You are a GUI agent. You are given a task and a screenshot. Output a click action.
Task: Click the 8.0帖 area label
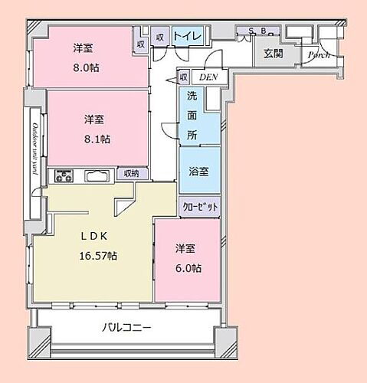[86, 67]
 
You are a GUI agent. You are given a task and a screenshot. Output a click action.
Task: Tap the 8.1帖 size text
[97, 139]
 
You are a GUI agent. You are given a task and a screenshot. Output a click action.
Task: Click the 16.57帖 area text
[97, 255]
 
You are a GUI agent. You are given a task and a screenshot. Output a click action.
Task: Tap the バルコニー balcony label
[127, 328]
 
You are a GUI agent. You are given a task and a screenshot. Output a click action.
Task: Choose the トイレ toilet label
[187, 36]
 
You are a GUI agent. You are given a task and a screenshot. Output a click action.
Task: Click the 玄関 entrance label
[273, 54]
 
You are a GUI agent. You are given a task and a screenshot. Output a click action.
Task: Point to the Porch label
[318, 55]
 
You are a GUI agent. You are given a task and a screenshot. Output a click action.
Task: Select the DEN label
[207, 77]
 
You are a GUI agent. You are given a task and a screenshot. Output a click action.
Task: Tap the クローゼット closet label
[201, 207]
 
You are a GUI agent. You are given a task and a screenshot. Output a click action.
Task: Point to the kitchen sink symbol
[97, 176]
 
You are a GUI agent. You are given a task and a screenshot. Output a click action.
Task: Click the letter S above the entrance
[250, 31]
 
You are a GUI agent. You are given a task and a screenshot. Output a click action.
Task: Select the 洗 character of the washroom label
[193, 97]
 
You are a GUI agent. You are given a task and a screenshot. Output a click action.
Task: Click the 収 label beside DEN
[184, 77]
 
